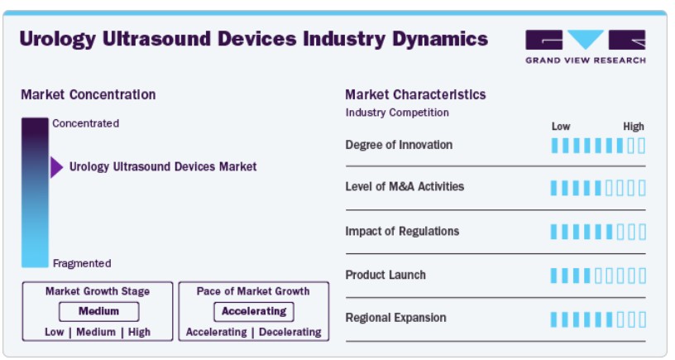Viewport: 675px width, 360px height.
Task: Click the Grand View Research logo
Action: pos(586,47)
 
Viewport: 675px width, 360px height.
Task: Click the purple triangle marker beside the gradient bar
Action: pos(56,167)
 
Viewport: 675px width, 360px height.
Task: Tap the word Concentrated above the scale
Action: pos(86,123)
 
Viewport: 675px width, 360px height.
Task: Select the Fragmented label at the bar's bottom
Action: pos(82,263)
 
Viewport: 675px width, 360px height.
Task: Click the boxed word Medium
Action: pos(98,311)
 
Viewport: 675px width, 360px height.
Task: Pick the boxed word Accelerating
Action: pos(254,311)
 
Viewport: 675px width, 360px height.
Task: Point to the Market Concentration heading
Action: pos(89,94)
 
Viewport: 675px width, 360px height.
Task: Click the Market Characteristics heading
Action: pos(415,94)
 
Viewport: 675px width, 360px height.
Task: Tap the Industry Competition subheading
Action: pos(397,113)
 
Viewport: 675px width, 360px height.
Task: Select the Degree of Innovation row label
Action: pos(399,145)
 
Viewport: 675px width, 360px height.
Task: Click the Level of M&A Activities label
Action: pos(405,186)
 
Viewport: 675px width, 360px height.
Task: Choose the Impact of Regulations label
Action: pos(402,231)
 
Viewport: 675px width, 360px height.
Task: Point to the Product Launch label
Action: pos(385,275)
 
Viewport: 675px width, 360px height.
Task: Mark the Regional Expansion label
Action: pos(395,318)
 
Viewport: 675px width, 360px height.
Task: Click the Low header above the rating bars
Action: pos(561,127)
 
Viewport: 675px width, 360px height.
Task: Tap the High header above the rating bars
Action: pos(634,127)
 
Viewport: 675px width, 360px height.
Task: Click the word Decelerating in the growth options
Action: pos(290,332)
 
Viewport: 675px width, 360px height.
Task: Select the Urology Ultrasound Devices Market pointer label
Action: pos(163,166)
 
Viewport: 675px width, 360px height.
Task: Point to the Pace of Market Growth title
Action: pos(253,291)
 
